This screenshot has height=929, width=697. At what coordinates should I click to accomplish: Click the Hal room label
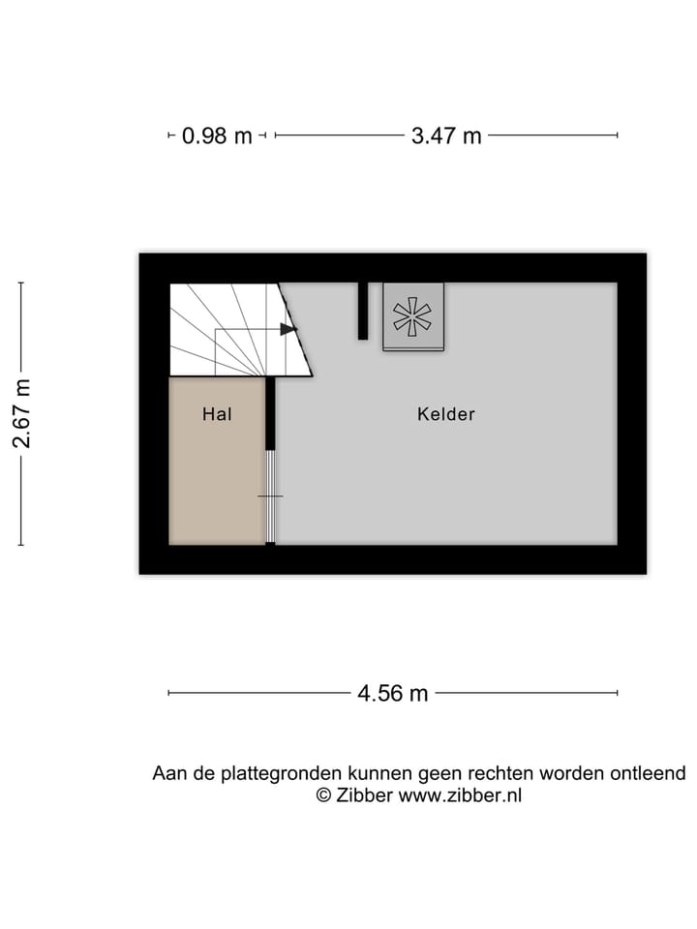coord(217,414)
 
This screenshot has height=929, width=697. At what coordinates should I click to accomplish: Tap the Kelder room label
coord(446,414)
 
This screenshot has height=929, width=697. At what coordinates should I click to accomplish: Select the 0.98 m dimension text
coord(217,136)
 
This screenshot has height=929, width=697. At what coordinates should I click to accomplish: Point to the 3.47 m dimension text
coord(446,136)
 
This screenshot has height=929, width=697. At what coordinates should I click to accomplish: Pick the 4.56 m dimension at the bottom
coord(392,693)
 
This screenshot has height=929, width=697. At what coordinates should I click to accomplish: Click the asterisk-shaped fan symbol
coord(412,316)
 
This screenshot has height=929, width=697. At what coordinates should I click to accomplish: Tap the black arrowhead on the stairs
coord(288,329)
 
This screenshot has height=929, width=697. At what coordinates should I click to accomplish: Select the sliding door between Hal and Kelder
coord(271,495)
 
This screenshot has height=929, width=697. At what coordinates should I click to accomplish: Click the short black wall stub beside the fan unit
coord(363,311)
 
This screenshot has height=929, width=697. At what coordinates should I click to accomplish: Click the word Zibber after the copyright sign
coord(365,795)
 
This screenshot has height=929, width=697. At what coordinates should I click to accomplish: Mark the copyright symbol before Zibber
coord(323,795)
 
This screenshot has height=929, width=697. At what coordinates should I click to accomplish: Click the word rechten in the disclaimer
coord(501,773)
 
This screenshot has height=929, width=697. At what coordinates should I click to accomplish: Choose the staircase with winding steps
coord(232,329)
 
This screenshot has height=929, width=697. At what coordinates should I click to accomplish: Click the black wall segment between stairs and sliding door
coord(271,412)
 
